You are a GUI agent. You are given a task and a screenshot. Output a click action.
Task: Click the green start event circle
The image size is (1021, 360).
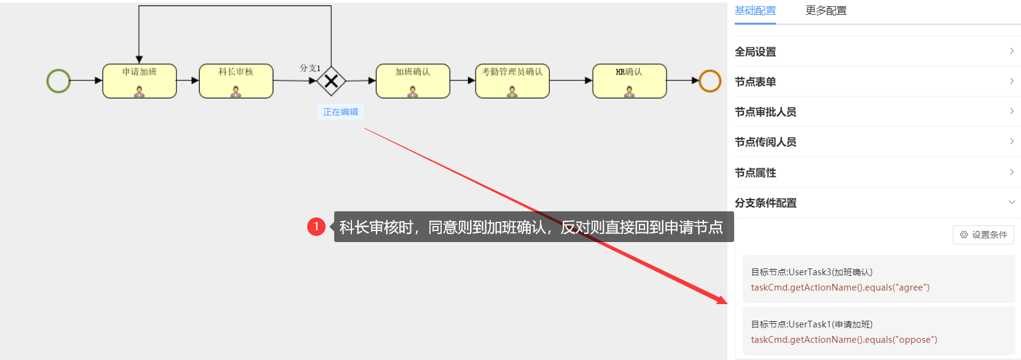coord(58,80)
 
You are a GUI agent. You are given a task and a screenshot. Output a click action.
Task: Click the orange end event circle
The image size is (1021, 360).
coord(710,80)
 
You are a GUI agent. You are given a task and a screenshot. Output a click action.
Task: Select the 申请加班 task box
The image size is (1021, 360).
coord(139,80)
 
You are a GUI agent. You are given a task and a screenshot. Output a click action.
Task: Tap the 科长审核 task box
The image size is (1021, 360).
coord(236,80)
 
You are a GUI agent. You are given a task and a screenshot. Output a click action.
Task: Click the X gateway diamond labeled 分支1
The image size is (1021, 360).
coord(331,80)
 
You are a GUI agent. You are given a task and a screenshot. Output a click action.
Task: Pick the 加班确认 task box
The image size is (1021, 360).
coord(413,80)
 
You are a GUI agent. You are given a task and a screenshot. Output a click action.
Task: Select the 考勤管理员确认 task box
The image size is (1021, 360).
coord(512,80)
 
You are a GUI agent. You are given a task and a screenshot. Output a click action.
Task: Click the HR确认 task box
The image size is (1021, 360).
coord(629,80)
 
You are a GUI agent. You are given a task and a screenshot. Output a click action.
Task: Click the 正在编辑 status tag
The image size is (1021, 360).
coord(340,112)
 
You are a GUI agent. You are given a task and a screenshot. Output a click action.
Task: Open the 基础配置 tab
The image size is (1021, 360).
coord(755,10)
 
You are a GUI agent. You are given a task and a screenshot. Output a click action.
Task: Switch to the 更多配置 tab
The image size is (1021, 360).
coord(826,10)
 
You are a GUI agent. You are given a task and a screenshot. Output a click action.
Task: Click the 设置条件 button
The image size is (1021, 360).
coord(983,235)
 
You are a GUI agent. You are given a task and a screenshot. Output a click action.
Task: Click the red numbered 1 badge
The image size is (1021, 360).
coord(316,227)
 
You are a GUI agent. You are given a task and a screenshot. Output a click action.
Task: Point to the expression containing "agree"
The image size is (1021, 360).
coord(840,288)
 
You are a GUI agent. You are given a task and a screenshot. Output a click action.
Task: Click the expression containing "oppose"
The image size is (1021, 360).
coord(843,340)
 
